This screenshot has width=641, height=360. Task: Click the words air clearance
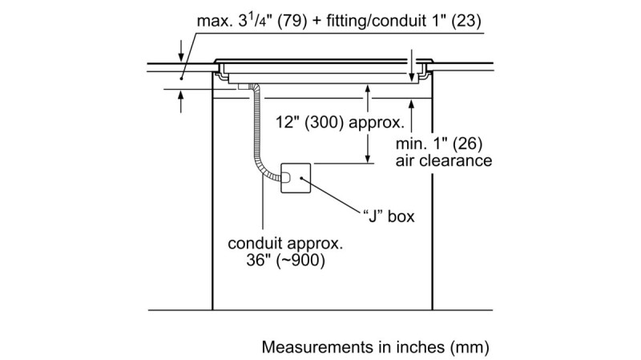[x=444, y=160]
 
